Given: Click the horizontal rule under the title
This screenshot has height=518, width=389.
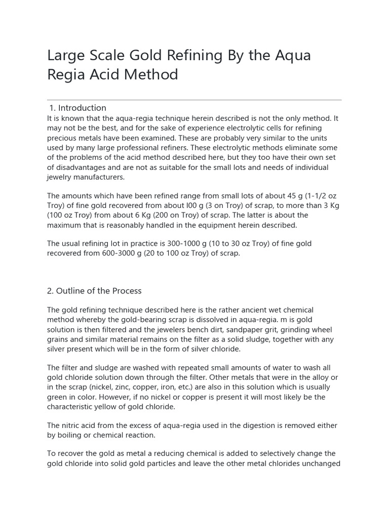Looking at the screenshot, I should pyautogui.click(x=194, y=100).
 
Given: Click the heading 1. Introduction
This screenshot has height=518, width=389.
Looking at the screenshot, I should pyautogui.click(x=78, y=108).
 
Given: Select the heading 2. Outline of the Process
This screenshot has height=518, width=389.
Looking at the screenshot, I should pyautogui.click(x=94, y=291).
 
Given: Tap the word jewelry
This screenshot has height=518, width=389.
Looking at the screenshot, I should pyautogui.click(x=60, y=177).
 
